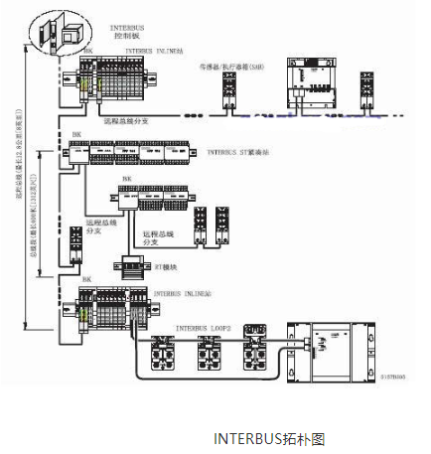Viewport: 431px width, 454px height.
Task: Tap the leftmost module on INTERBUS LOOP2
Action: click(x=162, y=350)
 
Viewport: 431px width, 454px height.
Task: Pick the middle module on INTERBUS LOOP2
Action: click(x=211, y=350)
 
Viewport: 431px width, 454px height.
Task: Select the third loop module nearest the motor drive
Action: click(x=259, y=350)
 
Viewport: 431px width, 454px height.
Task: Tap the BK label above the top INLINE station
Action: click(x=90, y=49)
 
